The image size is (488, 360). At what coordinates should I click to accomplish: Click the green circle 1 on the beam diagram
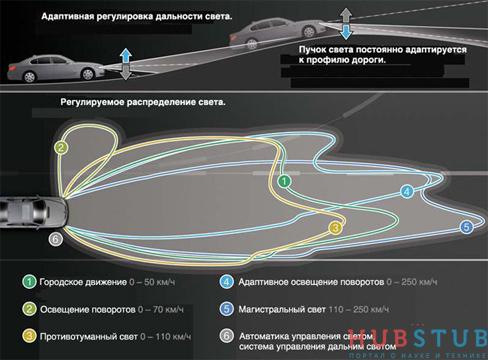[284, 181]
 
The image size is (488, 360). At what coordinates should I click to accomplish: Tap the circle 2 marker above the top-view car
[61, 147]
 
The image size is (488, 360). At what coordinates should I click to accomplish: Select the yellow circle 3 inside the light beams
[337, 228]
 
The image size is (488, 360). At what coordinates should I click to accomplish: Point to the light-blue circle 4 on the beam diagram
[406, 190]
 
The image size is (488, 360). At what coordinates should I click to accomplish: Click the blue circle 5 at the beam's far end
[466, 228]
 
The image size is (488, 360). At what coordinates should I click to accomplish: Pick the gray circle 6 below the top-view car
[56, 239]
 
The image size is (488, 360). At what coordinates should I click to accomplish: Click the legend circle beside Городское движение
[32, 282]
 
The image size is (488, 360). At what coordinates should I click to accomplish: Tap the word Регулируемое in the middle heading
[87, 102]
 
